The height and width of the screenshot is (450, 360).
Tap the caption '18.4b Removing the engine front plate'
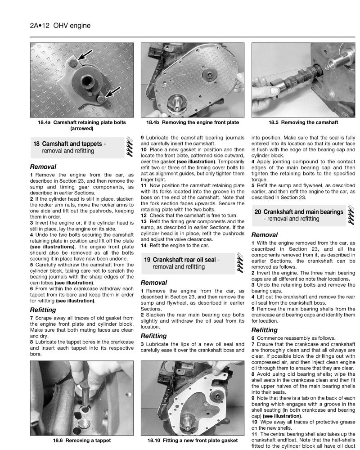click(x=193, y=122)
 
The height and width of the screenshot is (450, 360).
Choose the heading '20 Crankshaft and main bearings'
click(x=298, y=212)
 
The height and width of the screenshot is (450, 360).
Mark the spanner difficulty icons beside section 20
click(x=350, y=216)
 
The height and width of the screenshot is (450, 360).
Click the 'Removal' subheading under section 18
click(x=43, y=166)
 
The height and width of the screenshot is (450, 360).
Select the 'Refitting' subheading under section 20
click(x=264, y=330)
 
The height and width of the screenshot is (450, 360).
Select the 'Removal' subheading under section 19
click(x=154, y=282)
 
